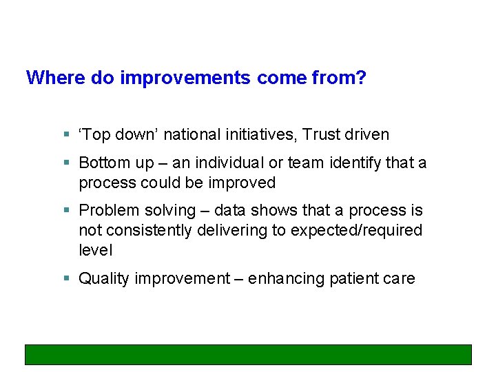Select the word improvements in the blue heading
pyautogui.click(x=185, y=78)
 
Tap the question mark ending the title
pyautogui.click(x=362, y=78)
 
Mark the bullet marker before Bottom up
pyautogui.click(x=66, y=163)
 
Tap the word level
pyautogui.click(x=95, y=250)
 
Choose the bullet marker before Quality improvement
pyautogui.click(x=66, y=279)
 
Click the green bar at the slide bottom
pyautogui.click(x=248, y=354)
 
